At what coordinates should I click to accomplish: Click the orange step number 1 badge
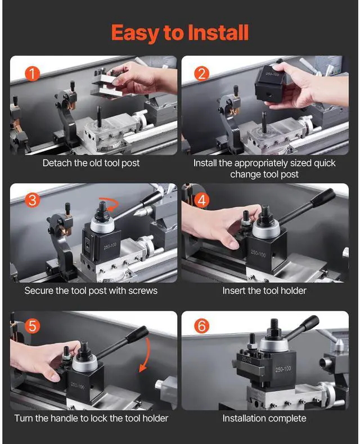(x=32, y=73)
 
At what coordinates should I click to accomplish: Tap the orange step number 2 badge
(x=202, y=73)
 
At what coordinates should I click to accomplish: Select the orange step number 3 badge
(x=32, y=200)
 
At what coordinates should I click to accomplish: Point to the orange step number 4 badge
(x=202, y=200)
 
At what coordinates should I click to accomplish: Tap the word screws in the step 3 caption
(x=142, y=291)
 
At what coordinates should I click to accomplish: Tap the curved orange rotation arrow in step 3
(x=109, y=204)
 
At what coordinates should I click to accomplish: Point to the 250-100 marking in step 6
(x=283, y=369)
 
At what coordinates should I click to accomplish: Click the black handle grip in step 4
(x=322, y=197)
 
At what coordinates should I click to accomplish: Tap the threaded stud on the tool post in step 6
(x=274, y=324)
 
